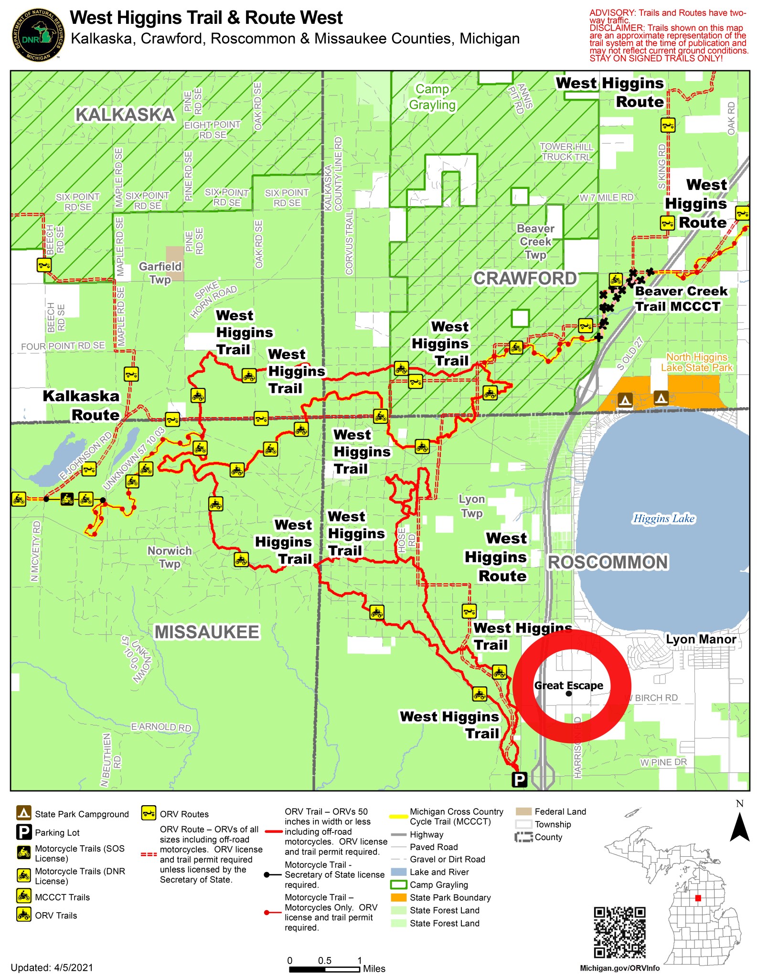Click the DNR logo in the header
(x=38, y=35)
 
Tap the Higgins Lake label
(x=663, y=518)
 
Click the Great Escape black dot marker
(x=568, y=693)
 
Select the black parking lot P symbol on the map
(x=519, y=779)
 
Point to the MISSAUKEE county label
(x=206, y=632)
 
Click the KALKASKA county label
(x=125, y=115)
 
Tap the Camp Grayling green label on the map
(x=432, y=97)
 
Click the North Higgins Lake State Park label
(x=696, y=362)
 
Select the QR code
(x=619, y=932)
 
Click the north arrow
(x=739, y=826)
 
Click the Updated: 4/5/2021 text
(x=52, y=967)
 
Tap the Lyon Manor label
(x=701, y=639)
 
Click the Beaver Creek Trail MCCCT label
(x=681, y=299)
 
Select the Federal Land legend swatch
(x=523, y=811)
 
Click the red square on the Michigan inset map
(x=698, y=898)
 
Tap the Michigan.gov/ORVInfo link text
(x=619, y=968)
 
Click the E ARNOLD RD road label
(x=161, y=727)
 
